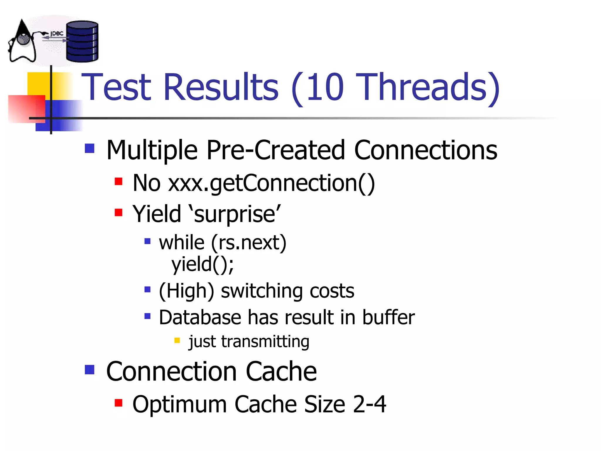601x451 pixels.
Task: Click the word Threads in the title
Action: (x=423, y=87)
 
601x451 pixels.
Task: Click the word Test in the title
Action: (x=116, y=87)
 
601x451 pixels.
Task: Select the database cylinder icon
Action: (x=82, y=41)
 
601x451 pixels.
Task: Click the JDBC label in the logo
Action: (x=57, y=33)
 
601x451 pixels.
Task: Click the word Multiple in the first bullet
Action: (x=152, y=150)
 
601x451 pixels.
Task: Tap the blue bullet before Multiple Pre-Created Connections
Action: (x=90, y=148)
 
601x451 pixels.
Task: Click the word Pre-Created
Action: (x=276, y=150)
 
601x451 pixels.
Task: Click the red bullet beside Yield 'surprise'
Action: (x=119, y=212)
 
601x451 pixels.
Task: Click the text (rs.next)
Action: (x=248, y=243)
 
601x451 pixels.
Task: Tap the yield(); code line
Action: (x=202, y=265)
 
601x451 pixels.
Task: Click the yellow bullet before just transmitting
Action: (x=177, y=340)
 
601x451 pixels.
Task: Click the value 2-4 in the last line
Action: (x=369, y=404)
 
